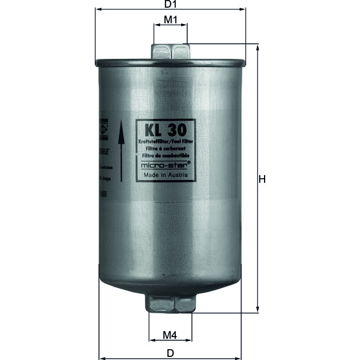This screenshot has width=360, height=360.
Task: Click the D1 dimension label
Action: pos(170,5)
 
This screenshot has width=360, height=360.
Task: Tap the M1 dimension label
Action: pos(170,19)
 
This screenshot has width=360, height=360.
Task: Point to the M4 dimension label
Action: pos(170,334)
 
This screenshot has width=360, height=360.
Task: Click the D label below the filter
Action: pos(170,353)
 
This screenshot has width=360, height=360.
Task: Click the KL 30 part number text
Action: pos(165,128)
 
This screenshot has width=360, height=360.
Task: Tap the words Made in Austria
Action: pos(165,175)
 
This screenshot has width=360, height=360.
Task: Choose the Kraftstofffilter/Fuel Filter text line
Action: pos(165,140)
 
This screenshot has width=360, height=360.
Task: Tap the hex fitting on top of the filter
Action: pos(170,50)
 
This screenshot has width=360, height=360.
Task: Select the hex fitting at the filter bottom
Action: pos(170,305)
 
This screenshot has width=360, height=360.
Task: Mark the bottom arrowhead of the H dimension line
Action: pos(257,310)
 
